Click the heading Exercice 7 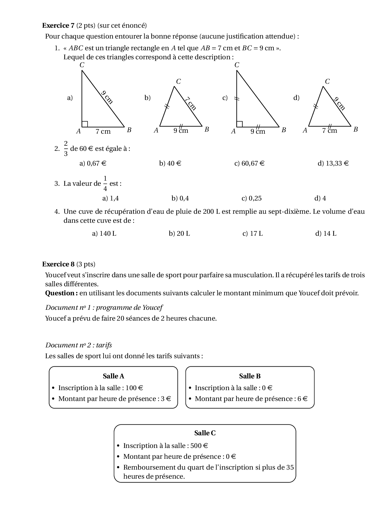coord(58,26)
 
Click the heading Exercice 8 coord(58,264)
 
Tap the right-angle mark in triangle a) coord(85,124)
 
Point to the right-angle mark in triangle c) coord(240,124)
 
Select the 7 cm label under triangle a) coord(103,132)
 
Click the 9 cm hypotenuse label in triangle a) coord(107,97)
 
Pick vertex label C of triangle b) coord(178,82)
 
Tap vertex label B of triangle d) coord(356,129)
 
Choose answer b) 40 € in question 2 coord(170,163)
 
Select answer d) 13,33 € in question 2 coord(333,163)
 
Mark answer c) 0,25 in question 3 coord(252,198)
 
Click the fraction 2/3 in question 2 coord(66,148)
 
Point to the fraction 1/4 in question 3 coord(105,183)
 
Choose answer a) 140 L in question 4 coord(104,234)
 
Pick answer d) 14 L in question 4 coord(326,234)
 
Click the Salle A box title coord(113,376)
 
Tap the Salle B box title coord(250,376)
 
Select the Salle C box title coord(205,433)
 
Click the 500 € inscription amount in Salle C coord(199,446)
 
